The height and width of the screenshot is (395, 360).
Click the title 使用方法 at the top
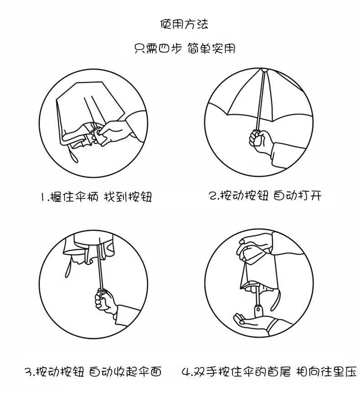184,24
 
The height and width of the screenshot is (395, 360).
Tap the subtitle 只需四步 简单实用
185,48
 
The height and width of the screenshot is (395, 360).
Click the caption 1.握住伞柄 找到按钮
97,196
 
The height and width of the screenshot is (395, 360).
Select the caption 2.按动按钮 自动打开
265,195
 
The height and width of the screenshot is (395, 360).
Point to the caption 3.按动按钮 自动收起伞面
93,372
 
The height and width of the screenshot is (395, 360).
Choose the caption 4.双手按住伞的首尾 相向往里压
269,372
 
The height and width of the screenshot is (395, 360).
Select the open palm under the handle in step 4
254,321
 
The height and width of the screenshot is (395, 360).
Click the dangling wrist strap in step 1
72,153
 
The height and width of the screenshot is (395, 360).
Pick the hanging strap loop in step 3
68,268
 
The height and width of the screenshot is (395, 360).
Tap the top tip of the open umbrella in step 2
263,70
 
